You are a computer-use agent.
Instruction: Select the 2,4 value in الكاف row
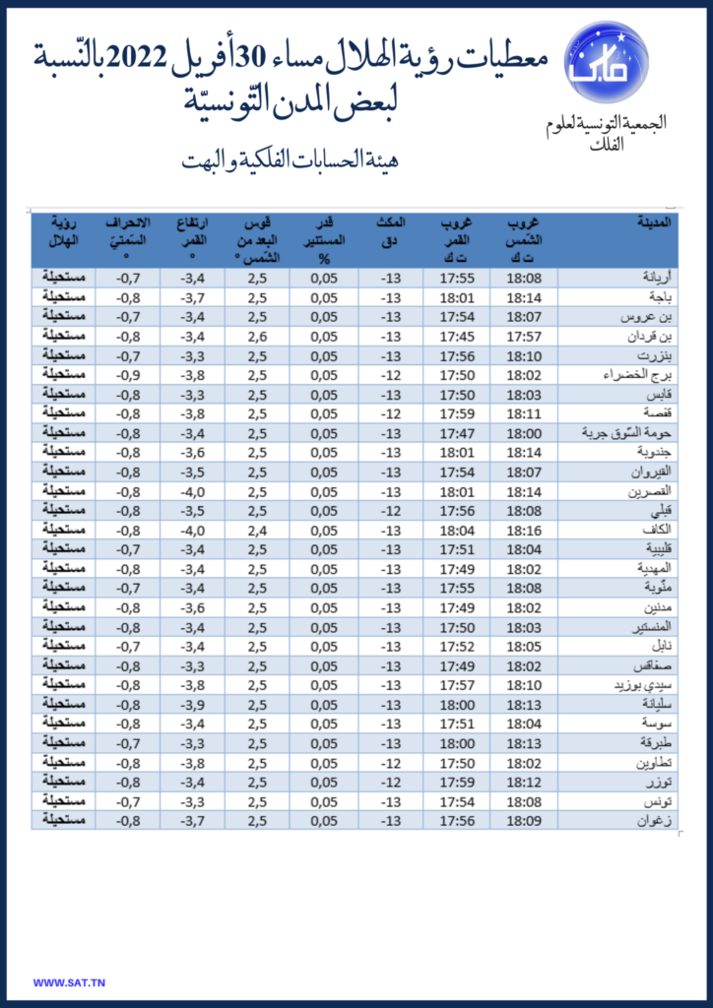[x=257, y=531]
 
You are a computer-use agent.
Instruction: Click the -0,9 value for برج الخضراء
[x=127, y=375]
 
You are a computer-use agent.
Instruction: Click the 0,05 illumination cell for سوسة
[x=324, y=724]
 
